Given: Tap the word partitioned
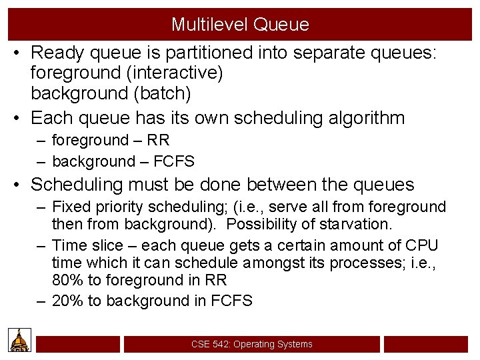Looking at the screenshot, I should click(200, 52).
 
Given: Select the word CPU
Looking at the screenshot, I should click(421, 245).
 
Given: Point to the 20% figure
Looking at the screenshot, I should click(67, 301).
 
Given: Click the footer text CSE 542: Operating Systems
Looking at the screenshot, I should click(251, 344).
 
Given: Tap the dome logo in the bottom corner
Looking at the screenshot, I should click(20, 340).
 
